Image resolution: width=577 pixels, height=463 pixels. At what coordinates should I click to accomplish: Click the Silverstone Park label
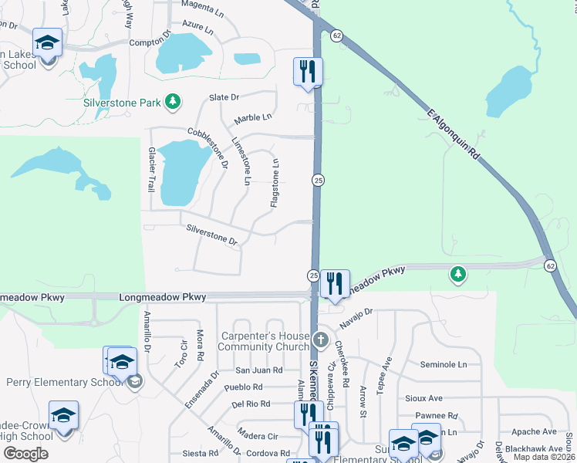[x=124, y=102]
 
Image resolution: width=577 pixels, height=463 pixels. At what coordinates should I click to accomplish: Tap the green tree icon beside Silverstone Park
[x=174, y=101]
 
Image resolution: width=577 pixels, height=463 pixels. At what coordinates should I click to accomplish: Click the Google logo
[x=25, y=453]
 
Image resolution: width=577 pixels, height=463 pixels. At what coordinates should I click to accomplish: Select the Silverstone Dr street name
[x=212, y=234]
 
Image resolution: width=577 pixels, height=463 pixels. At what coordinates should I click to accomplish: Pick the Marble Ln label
[x=254, y=118]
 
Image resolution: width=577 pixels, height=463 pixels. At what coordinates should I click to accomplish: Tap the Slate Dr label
[x=224, y=97]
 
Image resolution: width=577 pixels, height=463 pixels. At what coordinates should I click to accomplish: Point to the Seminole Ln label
[x=444, y=364]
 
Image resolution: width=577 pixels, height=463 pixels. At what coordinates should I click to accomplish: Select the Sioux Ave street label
[x=423, y=398]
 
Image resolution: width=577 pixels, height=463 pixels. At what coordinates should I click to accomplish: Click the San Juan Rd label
[x=258, y=370]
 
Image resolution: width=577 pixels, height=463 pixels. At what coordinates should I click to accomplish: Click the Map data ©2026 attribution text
[x=544, y=457]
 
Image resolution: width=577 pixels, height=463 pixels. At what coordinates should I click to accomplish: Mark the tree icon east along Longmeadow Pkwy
[x=458, y=273]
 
